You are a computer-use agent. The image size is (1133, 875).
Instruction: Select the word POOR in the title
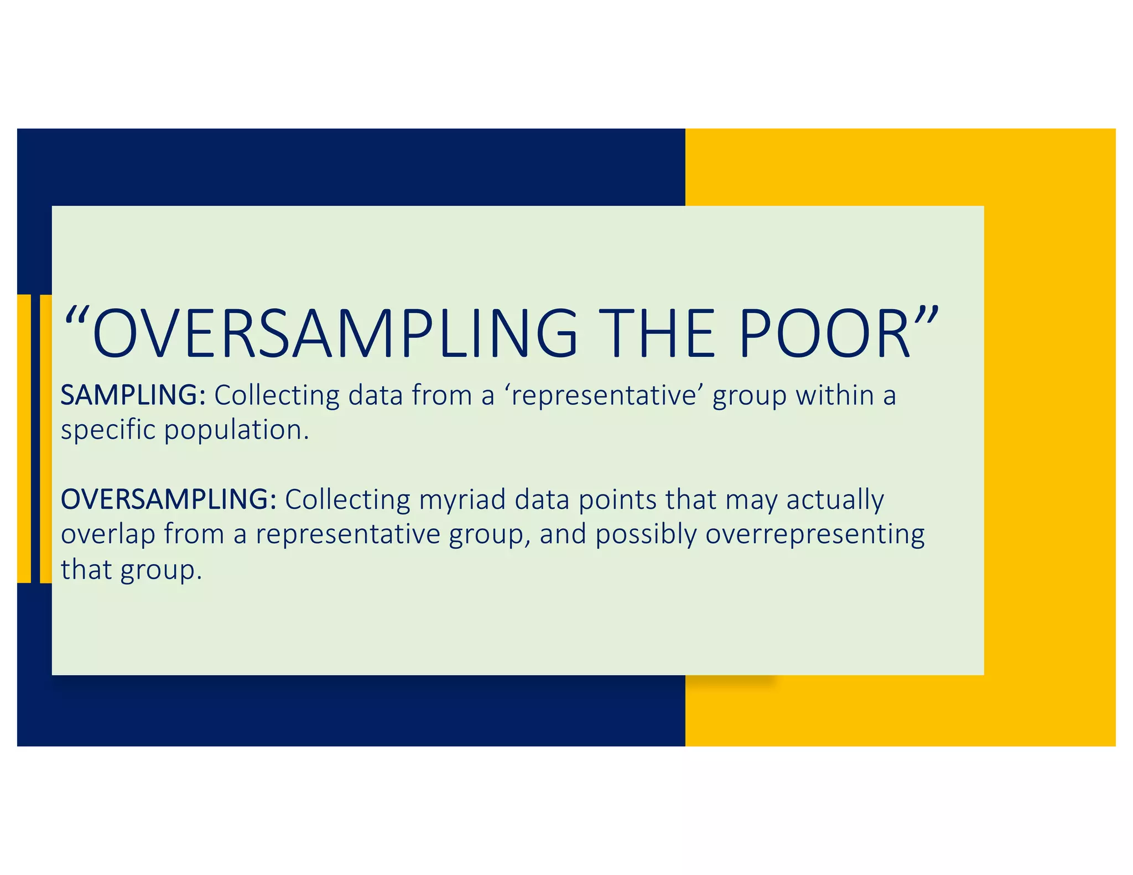824,334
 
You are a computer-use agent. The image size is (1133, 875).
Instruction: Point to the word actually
835,500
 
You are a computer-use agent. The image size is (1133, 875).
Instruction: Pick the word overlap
108,535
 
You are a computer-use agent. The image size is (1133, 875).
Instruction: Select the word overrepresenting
815,535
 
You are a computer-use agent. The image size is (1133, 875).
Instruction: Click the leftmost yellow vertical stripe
24,439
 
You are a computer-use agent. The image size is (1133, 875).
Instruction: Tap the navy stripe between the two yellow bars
35,439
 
